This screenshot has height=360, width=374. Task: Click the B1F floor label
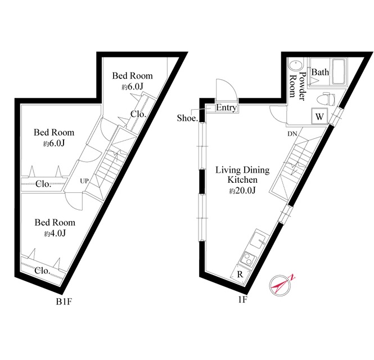pyautogui.click(x=64, y=302)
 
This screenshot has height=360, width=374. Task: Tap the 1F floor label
pyautogui.click(x=242, y=299)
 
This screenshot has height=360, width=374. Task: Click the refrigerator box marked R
pyautogui.click(x=240, y=274)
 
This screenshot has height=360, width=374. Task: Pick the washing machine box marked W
pyautogui.click(x=319, y=116)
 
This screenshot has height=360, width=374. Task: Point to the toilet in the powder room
pyautogui.click(x=326, y=98)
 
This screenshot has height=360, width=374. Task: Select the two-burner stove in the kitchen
pyautogui.click(x=248, y=259)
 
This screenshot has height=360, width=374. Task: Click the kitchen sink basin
pyautogui.click(x=258, y=241)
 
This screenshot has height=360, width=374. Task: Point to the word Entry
pyautogui.click(x=226, y=107)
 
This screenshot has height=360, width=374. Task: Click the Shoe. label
pyautogui.click(x=187, y=118)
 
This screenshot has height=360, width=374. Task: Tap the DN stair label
pyautogui.click(x=292, y=134)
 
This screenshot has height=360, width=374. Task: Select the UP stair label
pyautogui.click(x=84, y=181)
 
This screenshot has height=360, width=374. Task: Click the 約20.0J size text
pyautogui.click(x=242, y=191)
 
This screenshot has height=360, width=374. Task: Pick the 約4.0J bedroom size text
pyautogui.click(x=55, y=233)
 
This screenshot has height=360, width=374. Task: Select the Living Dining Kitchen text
pyautogui.click(x=242, y=175)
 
